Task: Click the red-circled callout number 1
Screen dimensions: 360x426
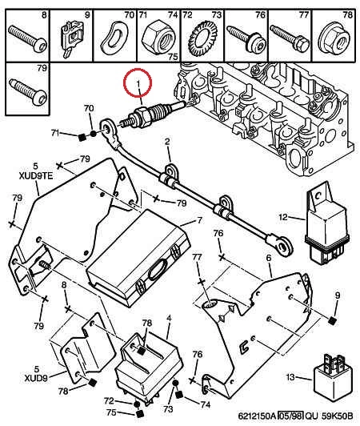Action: (138, 82)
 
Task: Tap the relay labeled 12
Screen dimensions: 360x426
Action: (326, 224)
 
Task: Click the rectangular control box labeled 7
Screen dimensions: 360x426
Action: (138, 258)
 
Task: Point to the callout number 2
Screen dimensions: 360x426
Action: (167, 141)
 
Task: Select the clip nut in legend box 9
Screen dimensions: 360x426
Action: (72, 38)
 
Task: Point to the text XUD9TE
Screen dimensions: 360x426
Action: (36, 176)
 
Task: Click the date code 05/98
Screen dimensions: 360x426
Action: (290, 416)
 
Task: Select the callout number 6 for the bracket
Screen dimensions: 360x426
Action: (269, 258)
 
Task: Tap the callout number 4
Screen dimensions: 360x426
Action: (169, 318)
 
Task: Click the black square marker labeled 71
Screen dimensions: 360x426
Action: (82, 138)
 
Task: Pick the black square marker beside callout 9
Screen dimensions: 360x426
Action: (332, 320)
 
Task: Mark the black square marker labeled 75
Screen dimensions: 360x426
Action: (140, 413)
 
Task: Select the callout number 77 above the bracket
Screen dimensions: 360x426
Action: (198, 257)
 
